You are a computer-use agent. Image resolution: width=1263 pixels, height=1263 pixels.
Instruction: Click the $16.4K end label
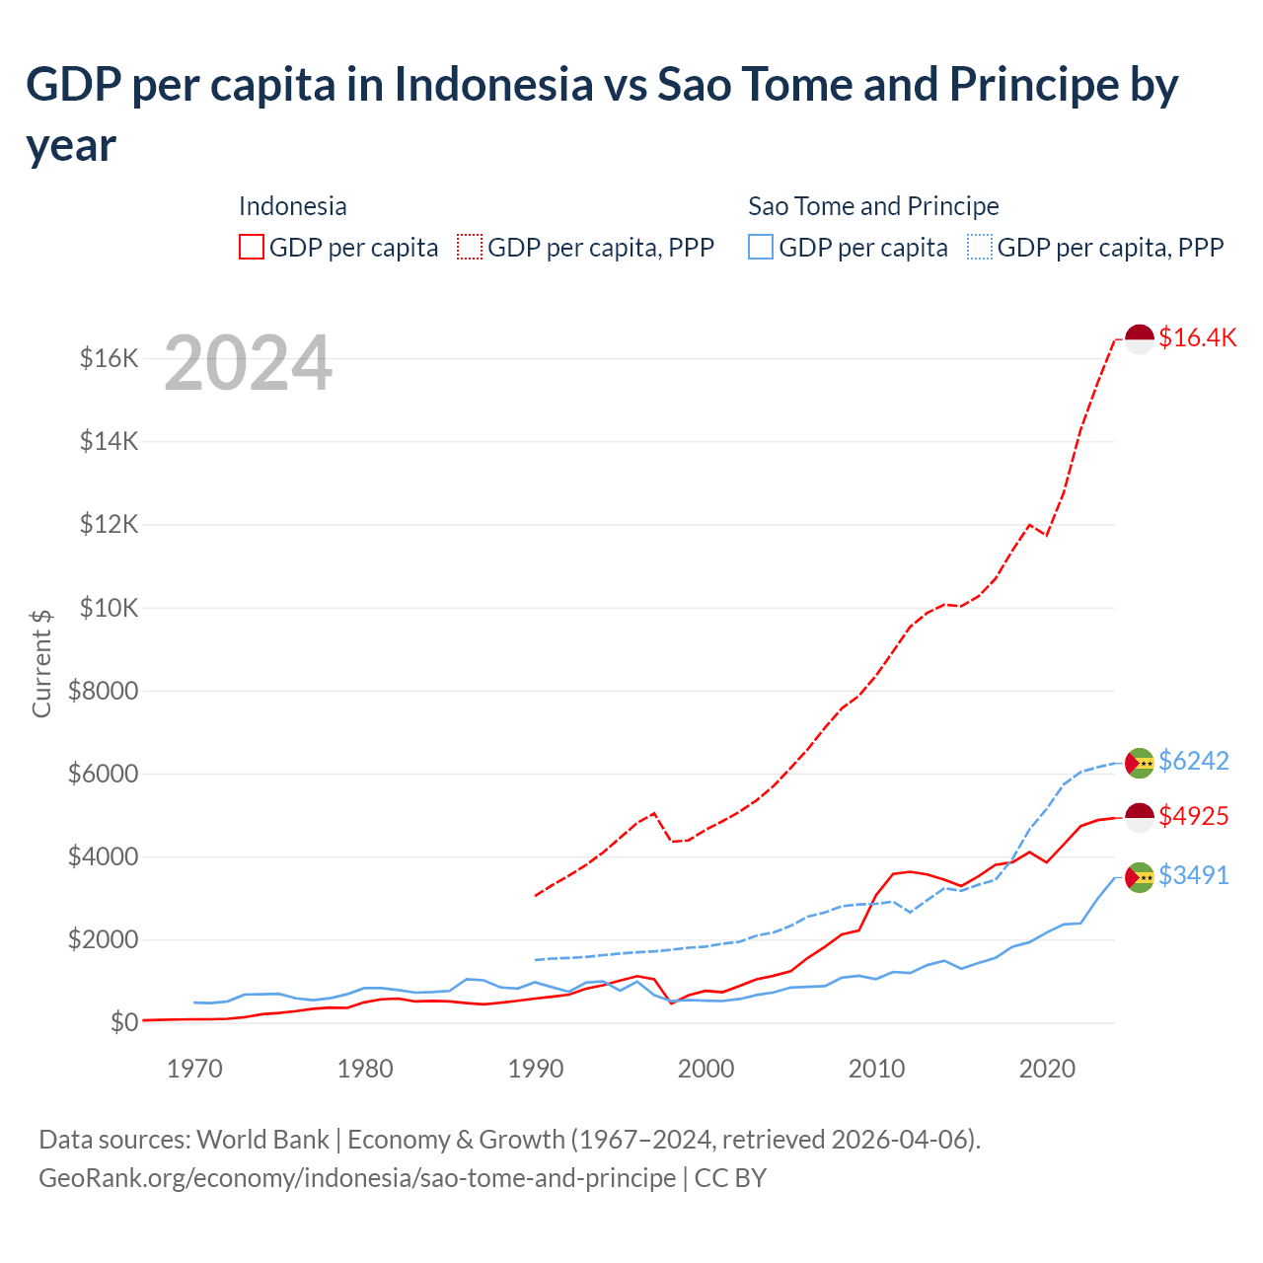pyautogui.click(x=1197, y=337)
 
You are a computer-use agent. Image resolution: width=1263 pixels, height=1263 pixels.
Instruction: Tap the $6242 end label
pyautogui.click(x=1193, y=761)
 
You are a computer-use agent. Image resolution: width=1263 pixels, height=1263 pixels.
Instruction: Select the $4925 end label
pyautogui.click(x=1193, y=816)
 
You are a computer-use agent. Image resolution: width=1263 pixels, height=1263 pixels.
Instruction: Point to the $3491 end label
pyautogui.click(x=1193, y=875)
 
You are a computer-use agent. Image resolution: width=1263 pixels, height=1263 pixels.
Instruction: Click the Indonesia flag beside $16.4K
pyautogui.click(x=1140, y=338)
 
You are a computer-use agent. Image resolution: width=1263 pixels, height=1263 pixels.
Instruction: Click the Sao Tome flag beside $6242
pyautogui.click(x=1140, y=763)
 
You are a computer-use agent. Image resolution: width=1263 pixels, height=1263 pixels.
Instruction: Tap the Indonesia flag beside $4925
pyautogui.click(x=1140, y=818)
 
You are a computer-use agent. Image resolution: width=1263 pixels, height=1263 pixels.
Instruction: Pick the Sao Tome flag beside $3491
pyautogui.click(x=1140, y=877)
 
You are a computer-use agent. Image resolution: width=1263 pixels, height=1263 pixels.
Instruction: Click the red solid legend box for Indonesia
pyautogui.click(x=252, y=247)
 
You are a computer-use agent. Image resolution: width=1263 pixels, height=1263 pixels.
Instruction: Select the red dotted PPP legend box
pyautogui.click(x=470, y=247)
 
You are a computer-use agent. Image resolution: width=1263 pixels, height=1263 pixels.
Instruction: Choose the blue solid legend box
pyautogui.click(x=761, y=247)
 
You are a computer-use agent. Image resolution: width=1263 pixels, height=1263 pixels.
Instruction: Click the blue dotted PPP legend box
pyautogui.click(x=980, y=247)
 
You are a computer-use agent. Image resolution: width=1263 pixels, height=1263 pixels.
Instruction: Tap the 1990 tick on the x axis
pyautogui.click(x=536, y=1069)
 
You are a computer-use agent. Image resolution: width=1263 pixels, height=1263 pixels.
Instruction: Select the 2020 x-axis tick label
pyautogui.click(x=1047, y=1069)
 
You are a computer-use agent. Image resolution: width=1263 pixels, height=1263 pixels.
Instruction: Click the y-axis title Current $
pyautogui.click(x=41, y=664)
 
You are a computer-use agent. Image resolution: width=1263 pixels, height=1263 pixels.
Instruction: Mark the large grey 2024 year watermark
pyautogui.click(x=248, y=364)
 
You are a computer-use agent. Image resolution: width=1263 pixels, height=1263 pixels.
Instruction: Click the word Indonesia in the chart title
pyautogui.click(x=494, y=85)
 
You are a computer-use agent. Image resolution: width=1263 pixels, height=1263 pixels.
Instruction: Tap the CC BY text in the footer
pyautogui.click(x=730, y=1178)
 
